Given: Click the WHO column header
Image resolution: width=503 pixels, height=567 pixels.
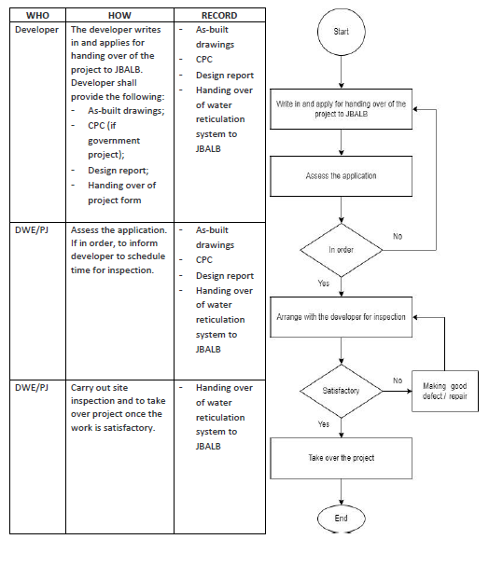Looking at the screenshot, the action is pos(37,16).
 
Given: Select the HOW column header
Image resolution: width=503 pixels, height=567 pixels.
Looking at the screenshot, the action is pos(119,16).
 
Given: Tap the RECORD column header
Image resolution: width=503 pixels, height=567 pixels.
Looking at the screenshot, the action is pos(219,16).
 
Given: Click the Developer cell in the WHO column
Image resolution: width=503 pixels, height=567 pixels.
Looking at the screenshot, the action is pos(36,30).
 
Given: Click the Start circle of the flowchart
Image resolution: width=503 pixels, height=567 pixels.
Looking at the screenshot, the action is pos(342,32).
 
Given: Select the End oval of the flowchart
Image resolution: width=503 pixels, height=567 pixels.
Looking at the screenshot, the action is pos(342,519).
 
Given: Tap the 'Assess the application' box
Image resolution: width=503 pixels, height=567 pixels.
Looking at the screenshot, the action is pos(341,176).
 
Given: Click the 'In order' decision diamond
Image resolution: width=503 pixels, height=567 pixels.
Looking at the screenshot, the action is pos(342,250).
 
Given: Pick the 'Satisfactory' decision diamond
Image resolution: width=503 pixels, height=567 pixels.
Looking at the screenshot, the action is pos(342,391).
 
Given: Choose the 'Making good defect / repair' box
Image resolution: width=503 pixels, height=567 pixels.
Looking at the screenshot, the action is pos(445,391).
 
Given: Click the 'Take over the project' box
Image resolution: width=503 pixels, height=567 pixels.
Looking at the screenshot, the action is pos(341,458).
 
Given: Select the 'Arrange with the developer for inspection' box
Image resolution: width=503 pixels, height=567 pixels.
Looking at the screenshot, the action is pos(341,317).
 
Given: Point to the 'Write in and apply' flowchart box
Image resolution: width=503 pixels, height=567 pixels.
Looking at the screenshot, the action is pos(341,109).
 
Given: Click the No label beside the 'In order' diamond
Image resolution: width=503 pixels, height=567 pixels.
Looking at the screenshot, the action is pos(398,236).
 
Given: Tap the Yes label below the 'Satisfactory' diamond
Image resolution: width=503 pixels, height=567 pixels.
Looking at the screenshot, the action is pos(324,423).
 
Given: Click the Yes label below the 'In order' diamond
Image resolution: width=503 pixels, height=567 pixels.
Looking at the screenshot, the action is pos(324,283).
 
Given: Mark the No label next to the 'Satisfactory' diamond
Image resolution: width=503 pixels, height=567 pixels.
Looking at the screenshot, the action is pos(398,380).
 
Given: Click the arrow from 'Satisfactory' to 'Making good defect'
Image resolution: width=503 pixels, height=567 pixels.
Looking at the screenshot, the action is pos(398,391).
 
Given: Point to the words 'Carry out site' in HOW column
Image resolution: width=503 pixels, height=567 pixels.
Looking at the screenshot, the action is pos(100,388).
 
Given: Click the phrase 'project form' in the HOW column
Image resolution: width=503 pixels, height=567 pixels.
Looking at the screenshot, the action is pos(115,201).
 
